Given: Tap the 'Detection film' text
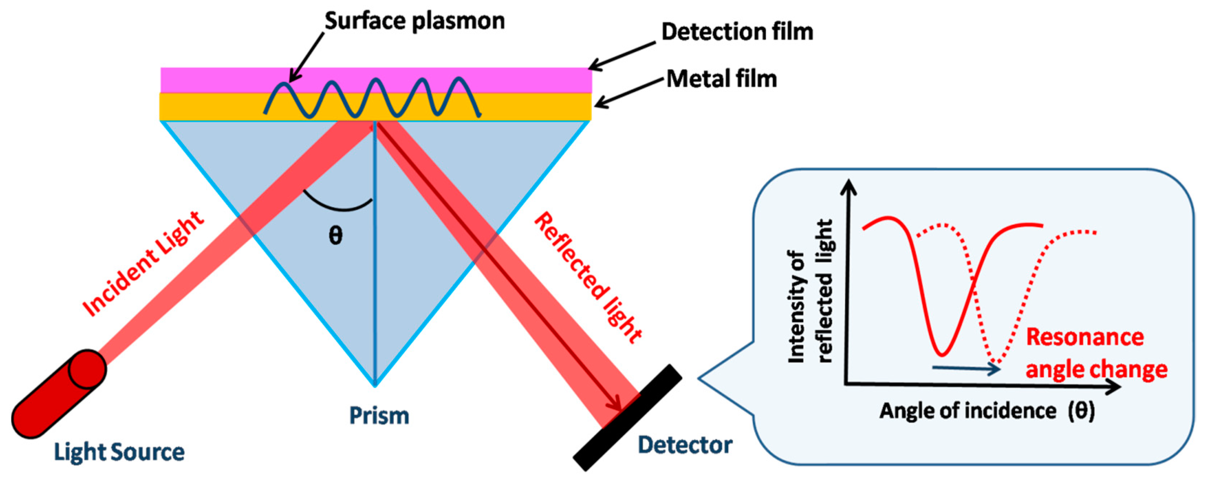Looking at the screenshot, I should coord(737,32).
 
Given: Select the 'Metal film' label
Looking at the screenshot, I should coord(722,79).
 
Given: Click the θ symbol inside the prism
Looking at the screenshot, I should coord(335,235).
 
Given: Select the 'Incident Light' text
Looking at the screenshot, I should coord(143,264).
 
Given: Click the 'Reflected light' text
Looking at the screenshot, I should coord(588,277).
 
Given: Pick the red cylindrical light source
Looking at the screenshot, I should coord(58,394).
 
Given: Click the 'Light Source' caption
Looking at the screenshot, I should coord(119,452).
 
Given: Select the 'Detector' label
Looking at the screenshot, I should coord(685,445).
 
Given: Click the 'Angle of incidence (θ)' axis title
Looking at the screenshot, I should coord(987,411).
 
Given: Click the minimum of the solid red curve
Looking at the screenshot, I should coord(943,354).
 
